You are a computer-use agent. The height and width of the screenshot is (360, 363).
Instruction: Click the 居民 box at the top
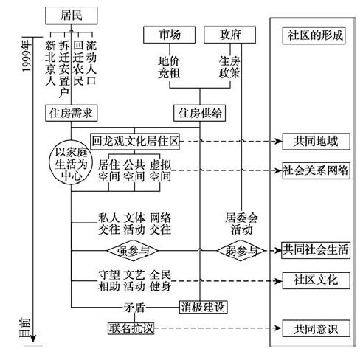[x=72, y=15]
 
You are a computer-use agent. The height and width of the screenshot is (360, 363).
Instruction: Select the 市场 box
[x=170, y=35]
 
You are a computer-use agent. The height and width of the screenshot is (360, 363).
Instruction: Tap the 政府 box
[x=230, y=35]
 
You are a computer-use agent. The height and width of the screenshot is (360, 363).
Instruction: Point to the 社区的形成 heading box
[x=314, y=35]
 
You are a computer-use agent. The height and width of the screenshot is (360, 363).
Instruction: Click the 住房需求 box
[x=72, y=113]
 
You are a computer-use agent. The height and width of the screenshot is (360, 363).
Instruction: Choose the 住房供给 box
[x=200, y=113]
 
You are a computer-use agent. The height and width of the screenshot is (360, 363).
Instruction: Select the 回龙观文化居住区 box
[x=135, y=142]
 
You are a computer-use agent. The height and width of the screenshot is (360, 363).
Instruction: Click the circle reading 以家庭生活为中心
[x=71, y=163]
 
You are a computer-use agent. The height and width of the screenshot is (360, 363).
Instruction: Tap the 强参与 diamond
[x=133, y=251]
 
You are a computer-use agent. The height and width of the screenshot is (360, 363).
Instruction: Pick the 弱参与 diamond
[x=241, y=251]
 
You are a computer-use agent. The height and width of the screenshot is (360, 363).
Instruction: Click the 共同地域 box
[x=317, y=142]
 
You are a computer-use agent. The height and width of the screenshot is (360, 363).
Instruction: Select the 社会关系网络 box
[x=317, y=170]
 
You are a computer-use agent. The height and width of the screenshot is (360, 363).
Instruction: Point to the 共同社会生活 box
[x=316, y=250]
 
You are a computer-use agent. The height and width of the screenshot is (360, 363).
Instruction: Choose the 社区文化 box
[x=317, y=280]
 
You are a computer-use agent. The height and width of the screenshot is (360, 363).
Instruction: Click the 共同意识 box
[x=317, y=328]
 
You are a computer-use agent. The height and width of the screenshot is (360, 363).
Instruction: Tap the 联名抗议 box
[x=131, y=328]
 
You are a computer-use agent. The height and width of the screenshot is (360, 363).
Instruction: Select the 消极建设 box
[x=203, y=307]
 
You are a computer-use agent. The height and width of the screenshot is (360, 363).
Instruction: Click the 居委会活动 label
[x=241, y=224]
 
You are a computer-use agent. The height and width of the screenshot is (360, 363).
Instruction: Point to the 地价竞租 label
[x=169, y=67]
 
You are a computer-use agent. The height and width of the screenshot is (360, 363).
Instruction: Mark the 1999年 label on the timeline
[x=27, y=56]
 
